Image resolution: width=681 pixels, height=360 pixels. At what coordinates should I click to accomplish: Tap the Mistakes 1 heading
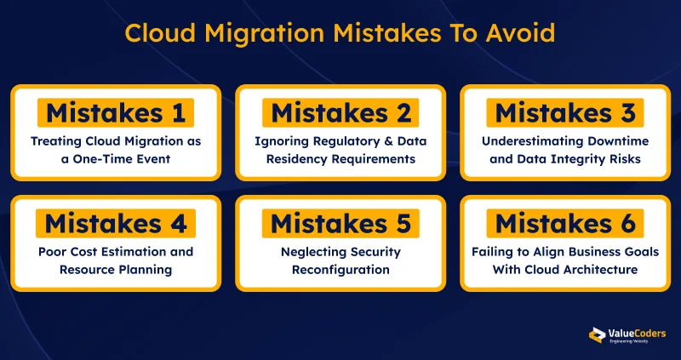[115, 112]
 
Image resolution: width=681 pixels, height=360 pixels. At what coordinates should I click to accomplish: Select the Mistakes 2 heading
[340, 112]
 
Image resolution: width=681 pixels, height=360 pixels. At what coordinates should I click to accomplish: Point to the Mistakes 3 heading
[565, 112]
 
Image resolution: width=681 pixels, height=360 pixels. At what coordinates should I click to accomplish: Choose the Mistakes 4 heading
[115, 224]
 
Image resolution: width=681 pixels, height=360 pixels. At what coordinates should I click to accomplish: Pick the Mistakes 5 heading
[340, 224]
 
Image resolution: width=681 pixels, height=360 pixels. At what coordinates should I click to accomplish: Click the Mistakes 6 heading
[565, 224]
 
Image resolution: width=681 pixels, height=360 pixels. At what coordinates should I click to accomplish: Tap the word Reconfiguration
[340, 270]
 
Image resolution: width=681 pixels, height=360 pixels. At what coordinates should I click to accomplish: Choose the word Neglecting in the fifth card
[314, 252]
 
